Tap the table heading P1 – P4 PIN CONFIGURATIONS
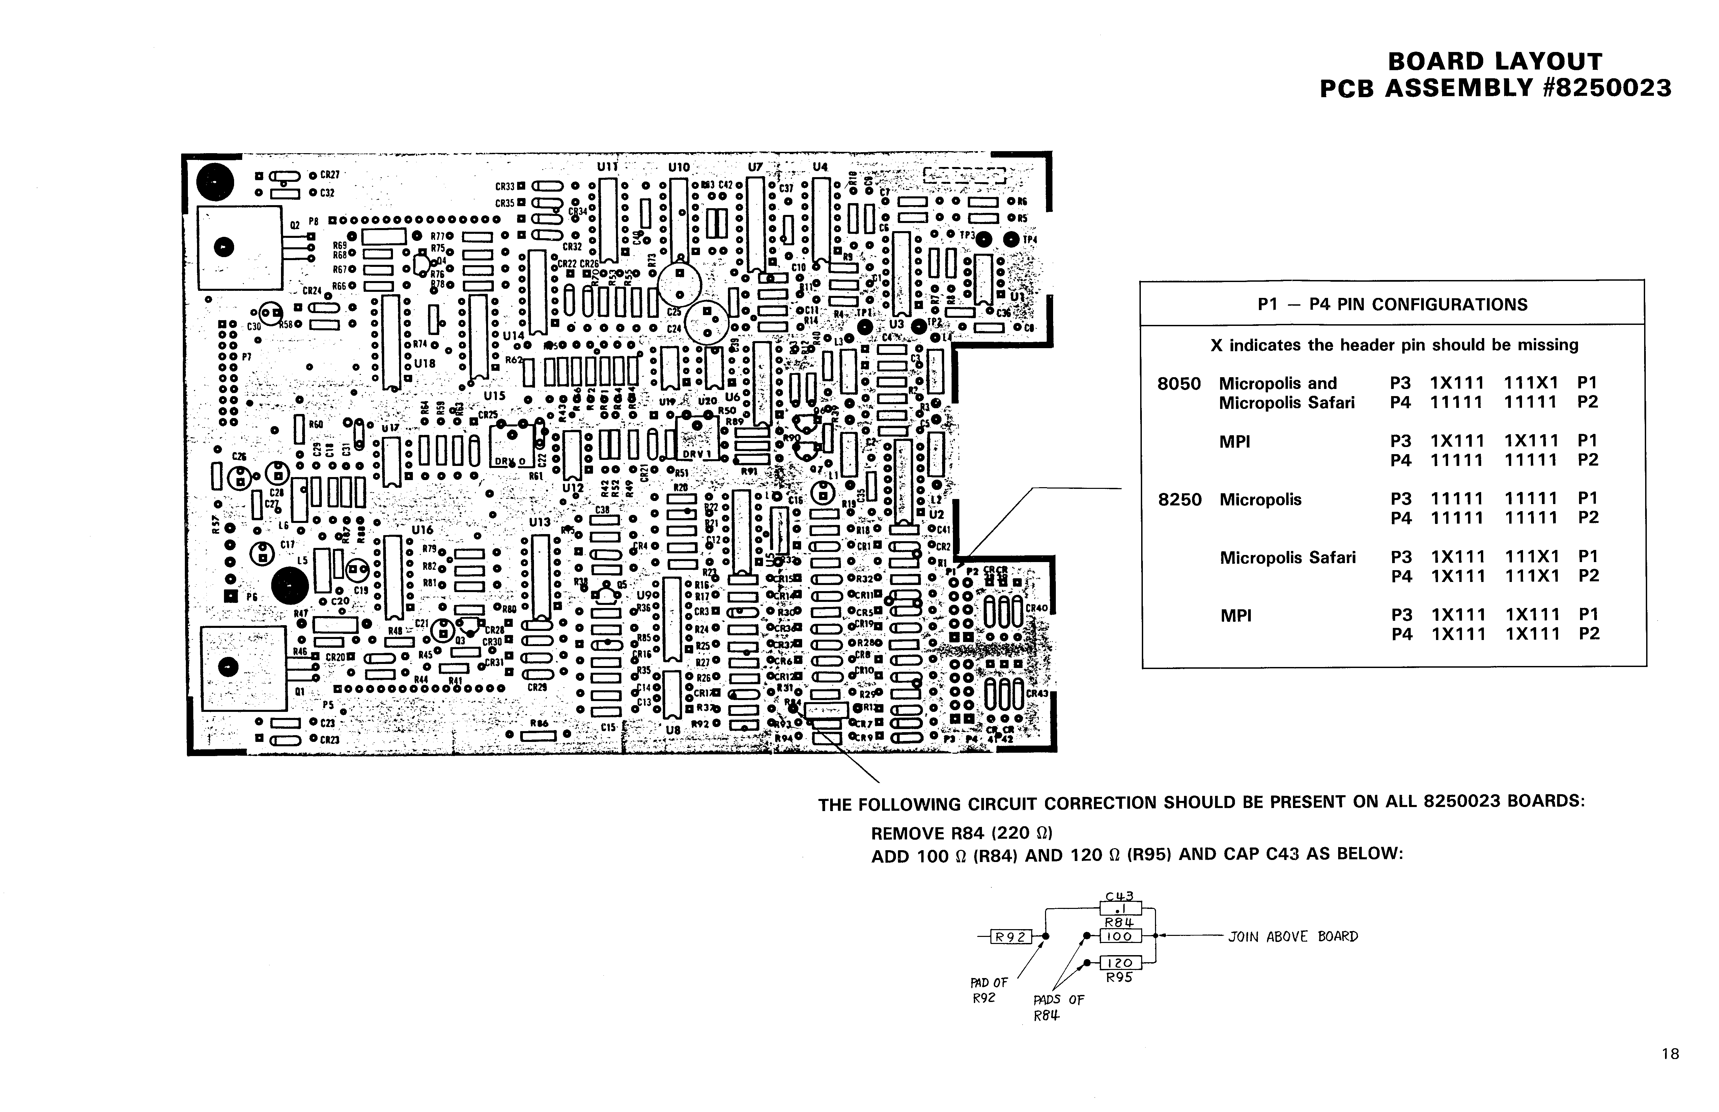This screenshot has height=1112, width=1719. point(1392,304)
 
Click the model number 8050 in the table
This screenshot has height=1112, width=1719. point(1179,383)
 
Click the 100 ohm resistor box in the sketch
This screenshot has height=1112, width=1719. point(1120,937)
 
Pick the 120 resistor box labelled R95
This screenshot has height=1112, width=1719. point(1120,963)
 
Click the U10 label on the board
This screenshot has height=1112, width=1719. point(679,167)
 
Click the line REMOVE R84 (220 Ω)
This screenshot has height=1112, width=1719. point(961,833)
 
